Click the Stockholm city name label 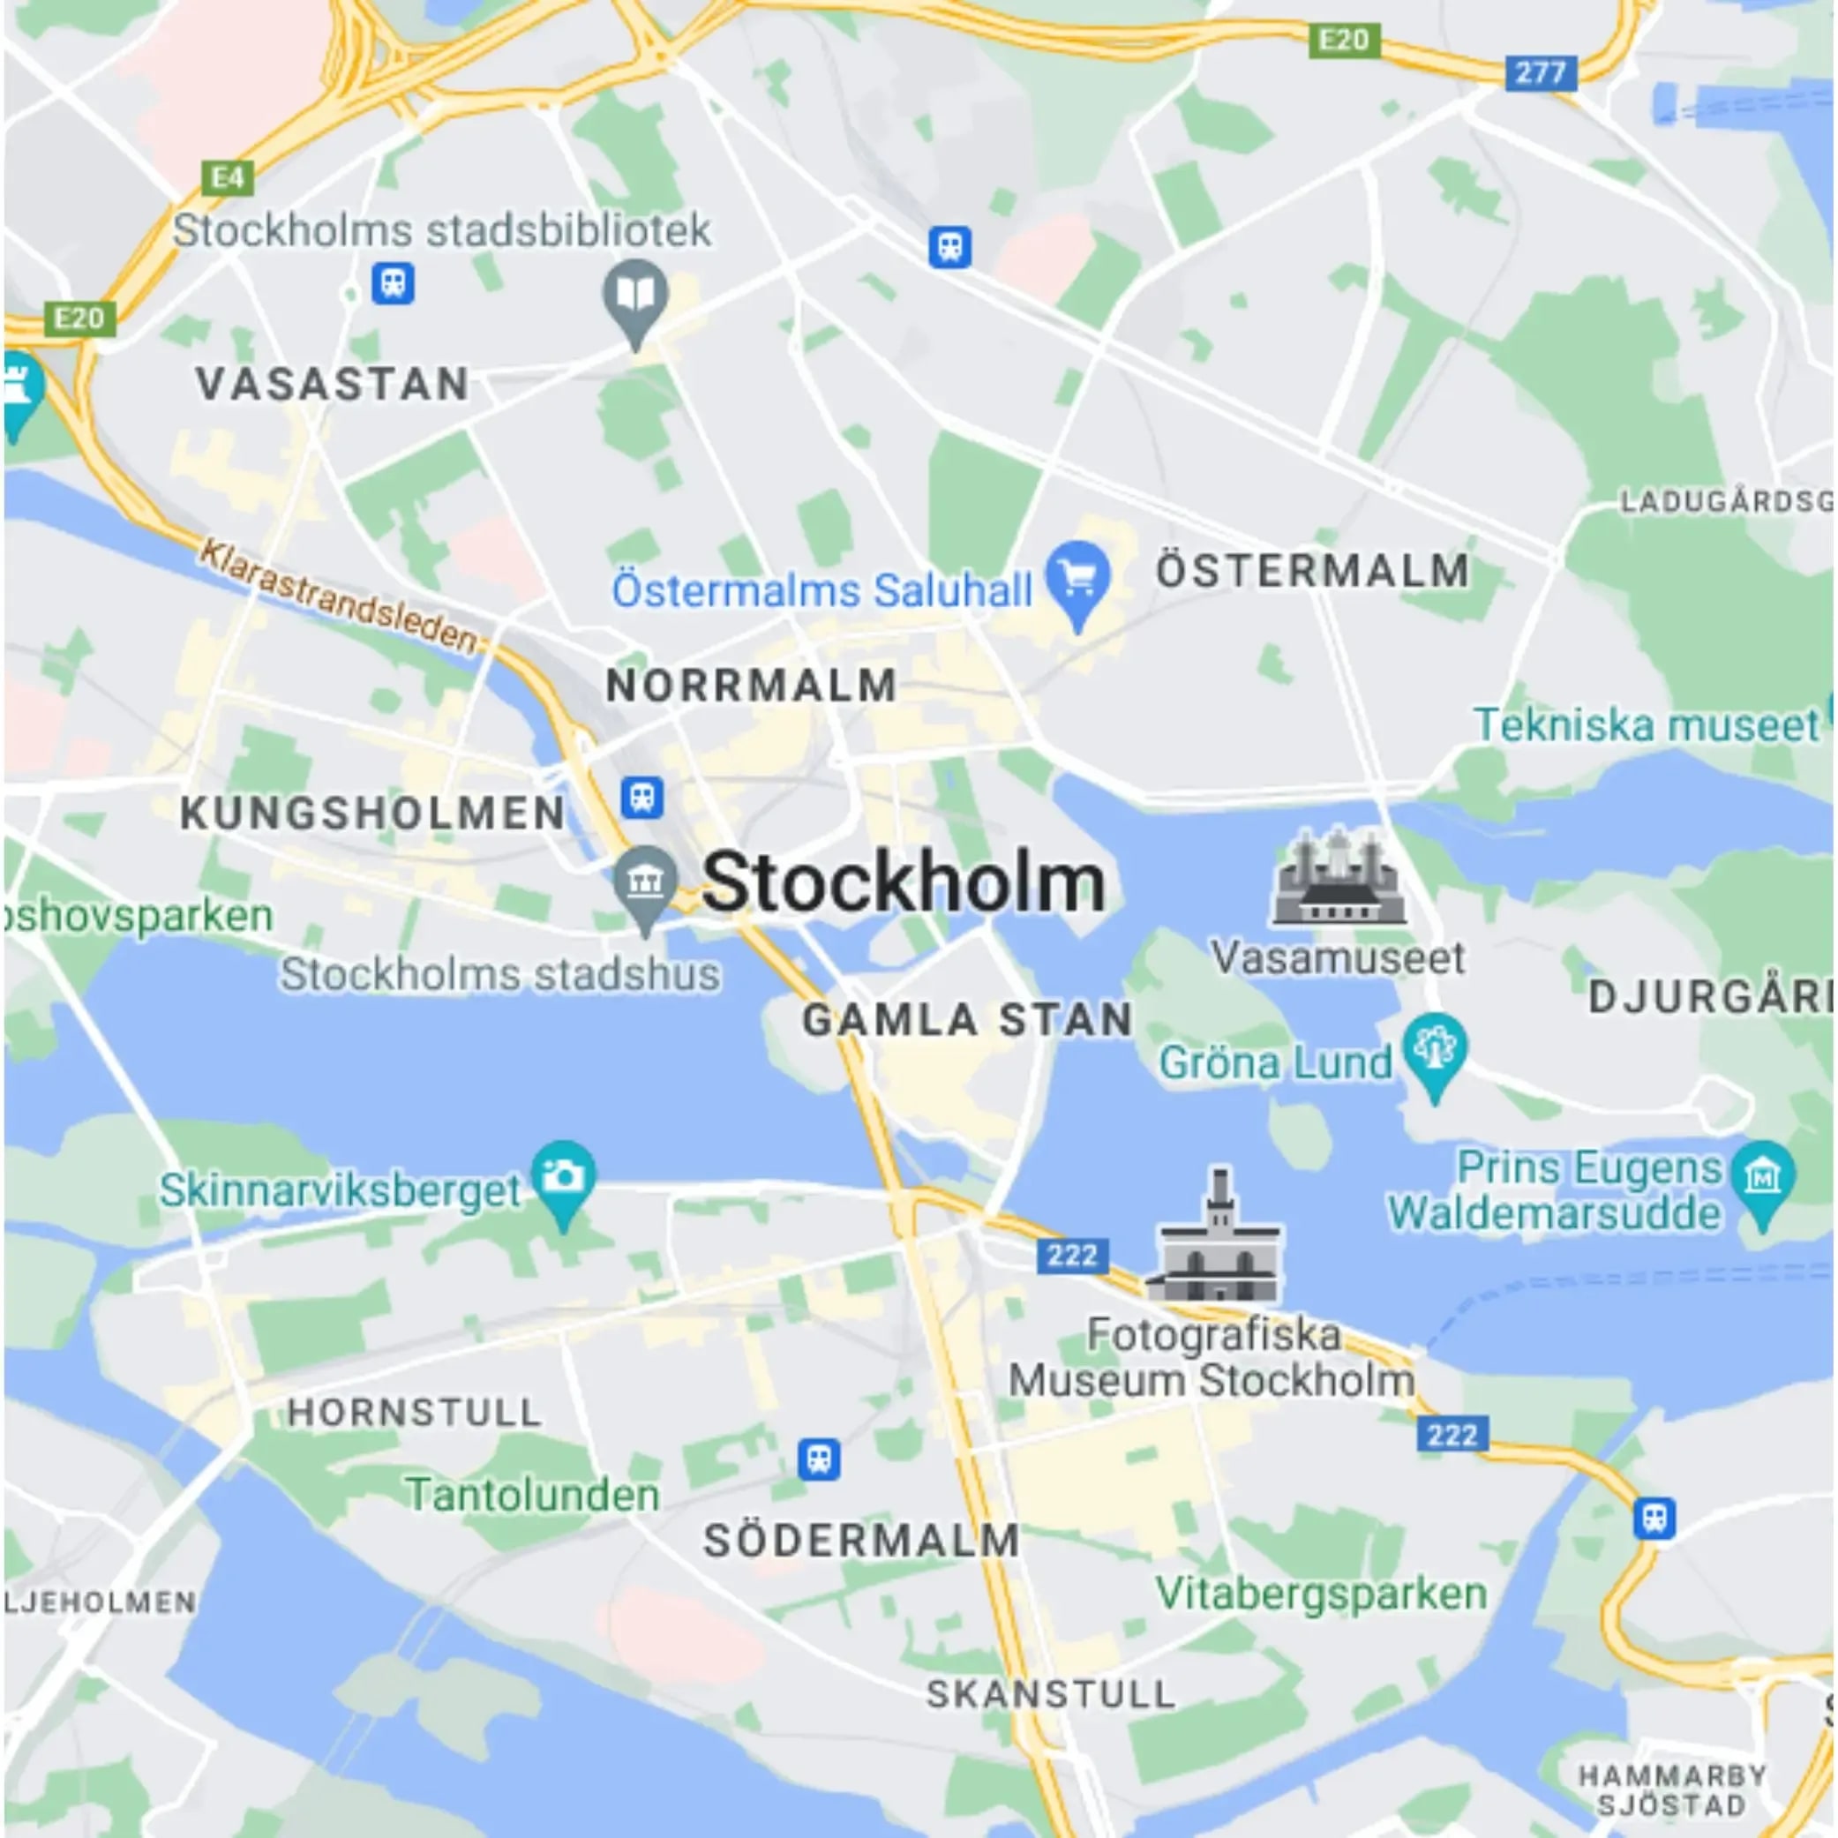903,881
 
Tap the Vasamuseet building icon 1339,877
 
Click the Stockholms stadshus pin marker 645,884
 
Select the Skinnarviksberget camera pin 563,1180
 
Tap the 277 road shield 1541,72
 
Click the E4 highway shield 228,178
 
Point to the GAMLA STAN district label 966,1021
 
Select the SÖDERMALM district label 861,1542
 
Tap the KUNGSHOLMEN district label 373,814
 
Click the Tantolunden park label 533,1495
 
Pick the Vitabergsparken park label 1322,1594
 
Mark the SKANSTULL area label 1050,1694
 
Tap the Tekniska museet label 1646,726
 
